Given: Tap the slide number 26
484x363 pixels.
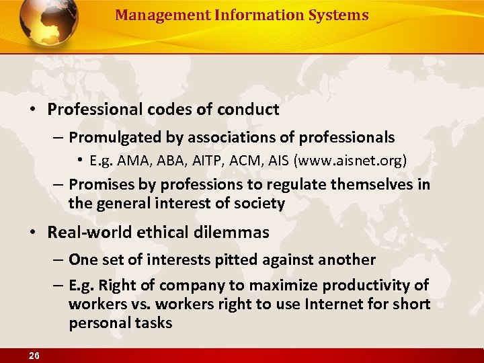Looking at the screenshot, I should pos(33,354).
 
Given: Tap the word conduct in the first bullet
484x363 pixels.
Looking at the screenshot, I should pos(249,109).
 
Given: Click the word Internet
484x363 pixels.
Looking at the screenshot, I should pos(335,304).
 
